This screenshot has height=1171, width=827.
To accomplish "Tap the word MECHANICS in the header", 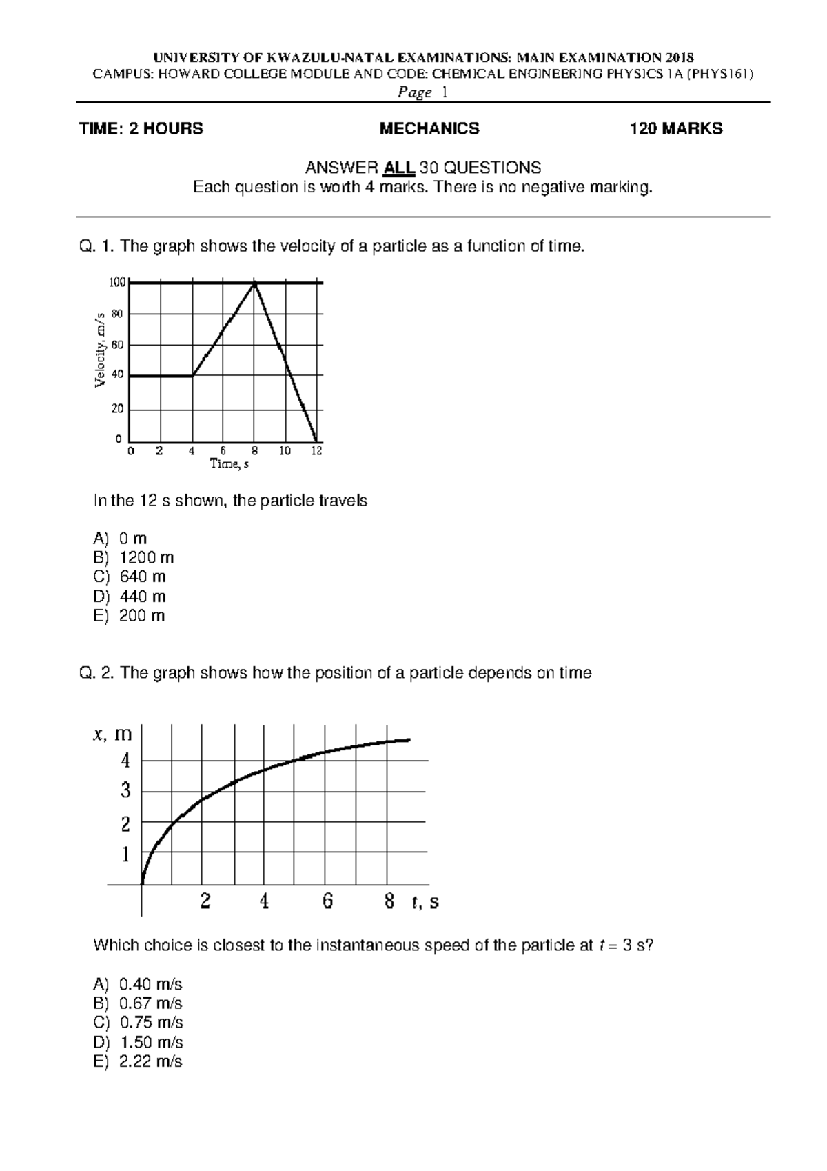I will [429, 129].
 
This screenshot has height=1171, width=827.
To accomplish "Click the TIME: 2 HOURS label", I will [141, 129].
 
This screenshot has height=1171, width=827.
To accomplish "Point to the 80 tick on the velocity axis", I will [116, 314].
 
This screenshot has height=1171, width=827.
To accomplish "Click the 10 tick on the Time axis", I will [285, 451].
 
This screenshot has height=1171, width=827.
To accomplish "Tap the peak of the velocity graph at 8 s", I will [255, 283].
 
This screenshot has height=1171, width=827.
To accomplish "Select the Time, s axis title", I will [229, 464].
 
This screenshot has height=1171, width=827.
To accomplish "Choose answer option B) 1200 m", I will [134, 557].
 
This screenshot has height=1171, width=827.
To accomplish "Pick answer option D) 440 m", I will [130, 597].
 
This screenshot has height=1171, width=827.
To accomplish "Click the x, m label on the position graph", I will [112, 734].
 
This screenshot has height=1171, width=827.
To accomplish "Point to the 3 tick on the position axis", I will [125, 790].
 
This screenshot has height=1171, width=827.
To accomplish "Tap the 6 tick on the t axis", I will [327, 901].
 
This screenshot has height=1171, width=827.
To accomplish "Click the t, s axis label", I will [425, 902].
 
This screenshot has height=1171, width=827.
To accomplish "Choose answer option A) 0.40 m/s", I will [138, 984].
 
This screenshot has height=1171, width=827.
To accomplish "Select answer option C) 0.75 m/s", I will [138, 1023].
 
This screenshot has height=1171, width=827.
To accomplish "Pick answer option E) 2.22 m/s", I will [138, 1061].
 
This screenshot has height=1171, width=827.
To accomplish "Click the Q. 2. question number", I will [97, 673].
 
